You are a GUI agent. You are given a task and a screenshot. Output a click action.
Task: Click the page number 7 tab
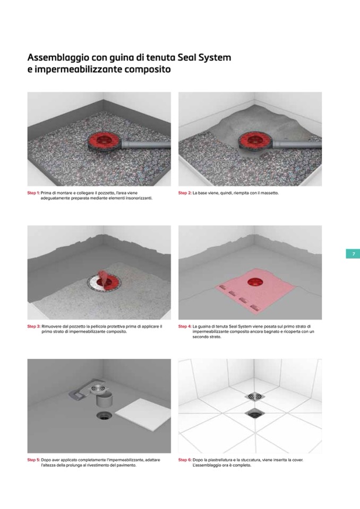pyautogui.click(x=353, y=254)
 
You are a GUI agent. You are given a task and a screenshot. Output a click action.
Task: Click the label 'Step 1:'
pyautogui.click(x=33, y=193)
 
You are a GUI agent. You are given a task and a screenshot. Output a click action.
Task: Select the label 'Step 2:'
pyautogui.click(x=184, y=193)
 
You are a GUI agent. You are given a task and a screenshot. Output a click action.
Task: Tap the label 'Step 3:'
pyautogui.click(x=34, y=326)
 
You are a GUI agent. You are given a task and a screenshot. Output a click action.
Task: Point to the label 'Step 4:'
pyautogui.click(x=185, y=326)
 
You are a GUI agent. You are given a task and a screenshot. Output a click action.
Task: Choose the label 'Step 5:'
pyautogui.click(x=34, y=460)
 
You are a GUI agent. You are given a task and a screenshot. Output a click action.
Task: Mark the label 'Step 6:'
pyautogui.click(x=185, y=460)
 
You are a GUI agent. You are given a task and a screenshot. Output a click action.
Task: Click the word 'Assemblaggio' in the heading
pyautogui.click(x=58, y=58)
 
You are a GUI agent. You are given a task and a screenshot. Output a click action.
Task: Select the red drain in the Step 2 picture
pyautogui.click(x=255, y=141)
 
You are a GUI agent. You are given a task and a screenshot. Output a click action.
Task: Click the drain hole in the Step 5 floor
pyautogui.click(x=104, y=416)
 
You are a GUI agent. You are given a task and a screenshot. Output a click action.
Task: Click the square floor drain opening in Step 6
pyautogui.click(x=255, y=413)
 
